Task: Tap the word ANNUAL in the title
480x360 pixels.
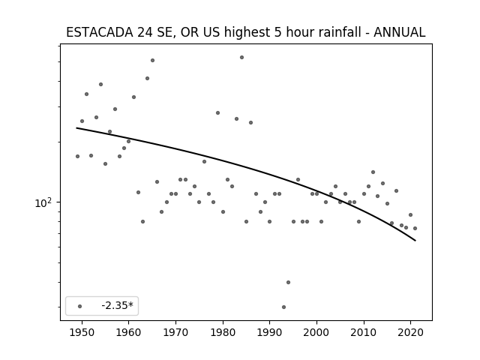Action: (x=399, y=32)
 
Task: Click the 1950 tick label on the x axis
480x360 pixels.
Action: (x=82, y=332)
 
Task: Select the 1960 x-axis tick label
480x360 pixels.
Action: (x=128, y=332)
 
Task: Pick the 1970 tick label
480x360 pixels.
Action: (x=175, y=332)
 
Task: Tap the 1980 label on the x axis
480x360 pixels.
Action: (x=223, y=332)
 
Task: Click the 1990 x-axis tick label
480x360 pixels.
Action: (x=270, y=332)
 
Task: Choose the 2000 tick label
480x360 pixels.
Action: (x=316, y=332)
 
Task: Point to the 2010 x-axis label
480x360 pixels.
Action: (x=364, y=332)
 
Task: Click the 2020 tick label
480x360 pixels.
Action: (x=411, y=332)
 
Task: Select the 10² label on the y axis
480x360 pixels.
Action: (x=43, y=202)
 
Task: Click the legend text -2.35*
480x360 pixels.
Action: (x=118, y=305)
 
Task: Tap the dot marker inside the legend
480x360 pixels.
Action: (x=80, y=306)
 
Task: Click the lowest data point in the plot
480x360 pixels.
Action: (x=283, y=307)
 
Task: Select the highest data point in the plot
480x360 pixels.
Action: (x=241, y=57)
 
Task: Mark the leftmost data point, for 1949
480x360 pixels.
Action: (x=77, y=157)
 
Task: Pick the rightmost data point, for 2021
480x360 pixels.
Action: (x=415, y=228)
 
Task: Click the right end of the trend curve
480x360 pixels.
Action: (x=415, y=241)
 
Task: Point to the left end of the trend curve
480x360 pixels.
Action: (x=76, y=128)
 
